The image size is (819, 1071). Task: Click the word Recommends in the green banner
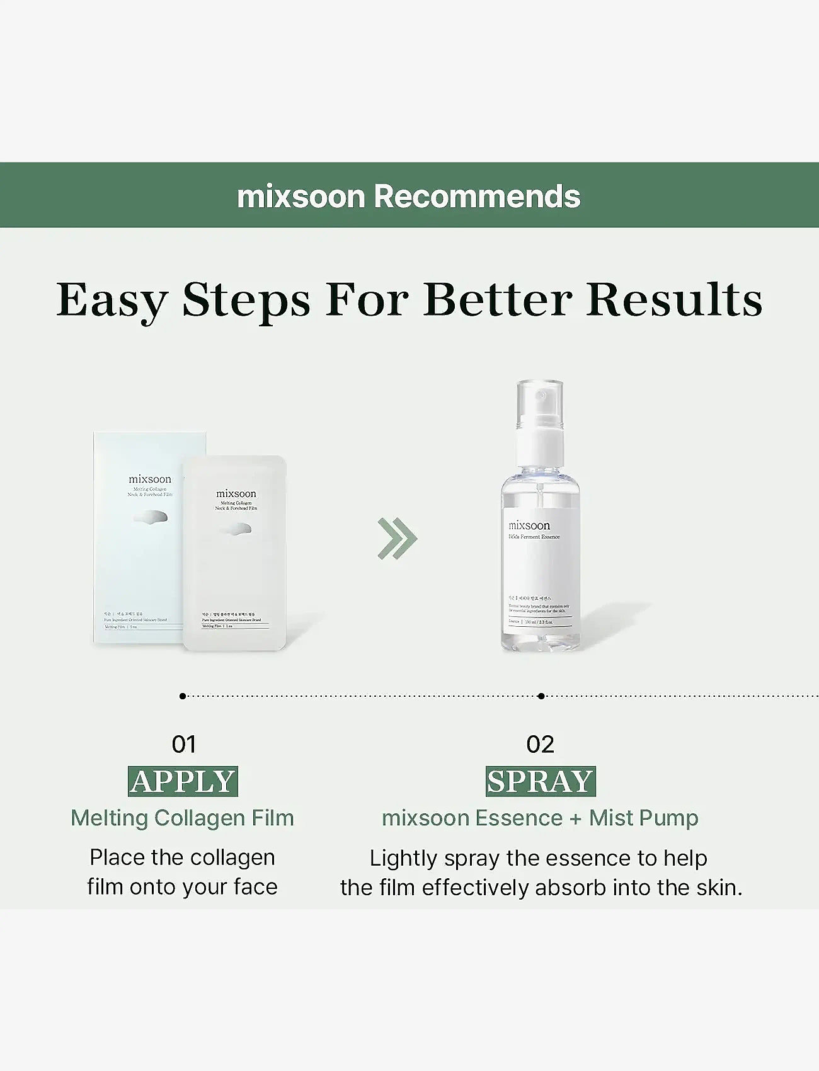coord(477,197)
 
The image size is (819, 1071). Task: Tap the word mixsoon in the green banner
coord(301,197)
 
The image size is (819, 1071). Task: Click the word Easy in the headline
coord(112,300)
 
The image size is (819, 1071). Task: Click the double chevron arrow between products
coord(398,538)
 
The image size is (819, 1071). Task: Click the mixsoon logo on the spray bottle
coord(529,525)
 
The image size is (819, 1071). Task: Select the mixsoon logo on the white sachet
coord(236,493)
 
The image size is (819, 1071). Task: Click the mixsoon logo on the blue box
coord(150,479)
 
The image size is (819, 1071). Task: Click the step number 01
coord(183,745)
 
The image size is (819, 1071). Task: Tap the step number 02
coord(540,745)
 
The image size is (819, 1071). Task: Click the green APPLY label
coord(183,782)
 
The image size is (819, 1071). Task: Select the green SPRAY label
coord(541,782)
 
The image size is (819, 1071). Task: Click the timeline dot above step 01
coord(183,696)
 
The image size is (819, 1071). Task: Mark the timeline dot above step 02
coord(541,696)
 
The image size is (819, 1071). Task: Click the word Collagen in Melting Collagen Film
coord(200,818)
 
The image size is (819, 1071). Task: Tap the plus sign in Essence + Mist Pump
coord(576,818)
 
